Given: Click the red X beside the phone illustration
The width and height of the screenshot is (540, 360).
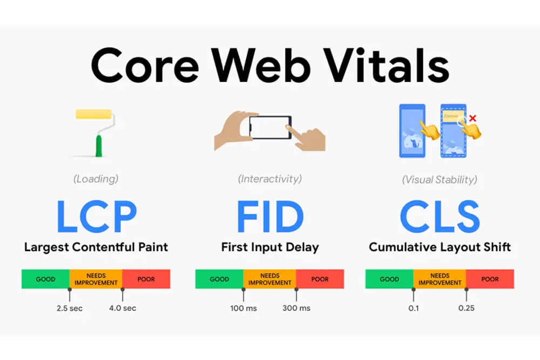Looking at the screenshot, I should point(473,118).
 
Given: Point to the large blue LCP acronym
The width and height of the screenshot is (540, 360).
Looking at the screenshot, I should point(96,216).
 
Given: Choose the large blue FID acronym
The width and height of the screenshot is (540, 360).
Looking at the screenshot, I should point(270,216).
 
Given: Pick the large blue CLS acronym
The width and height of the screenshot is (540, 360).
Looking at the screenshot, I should point(440,216).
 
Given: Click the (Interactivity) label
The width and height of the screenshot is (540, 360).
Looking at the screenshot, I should point(270,179).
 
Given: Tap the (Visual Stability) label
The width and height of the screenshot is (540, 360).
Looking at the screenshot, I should point(440,179).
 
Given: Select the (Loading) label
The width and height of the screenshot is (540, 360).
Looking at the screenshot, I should point(96,179).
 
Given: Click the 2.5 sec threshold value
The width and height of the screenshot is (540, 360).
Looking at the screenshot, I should point(69,308).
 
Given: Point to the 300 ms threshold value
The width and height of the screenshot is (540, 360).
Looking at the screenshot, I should point(296,308).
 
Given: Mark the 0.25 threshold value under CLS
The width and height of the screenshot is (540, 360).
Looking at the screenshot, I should point(466,308).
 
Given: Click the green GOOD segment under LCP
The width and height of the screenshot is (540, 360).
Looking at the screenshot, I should point(45,279).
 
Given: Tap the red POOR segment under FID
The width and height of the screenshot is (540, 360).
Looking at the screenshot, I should point(320,279).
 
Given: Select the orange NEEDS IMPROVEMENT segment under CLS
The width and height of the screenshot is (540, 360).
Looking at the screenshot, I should point(440,279).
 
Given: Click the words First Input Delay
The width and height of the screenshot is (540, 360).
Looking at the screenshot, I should point(270,248).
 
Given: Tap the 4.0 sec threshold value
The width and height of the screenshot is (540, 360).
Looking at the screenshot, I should point(123,308).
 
